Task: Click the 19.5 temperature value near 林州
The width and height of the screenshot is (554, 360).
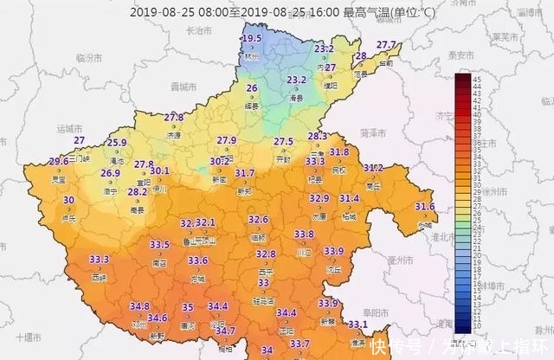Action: point(252,39)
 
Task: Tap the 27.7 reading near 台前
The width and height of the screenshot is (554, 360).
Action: point(386,45)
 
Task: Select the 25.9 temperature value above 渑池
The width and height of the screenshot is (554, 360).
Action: point(117,143)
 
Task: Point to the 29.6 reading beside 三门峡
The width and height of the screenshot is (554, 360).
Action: point(58,161)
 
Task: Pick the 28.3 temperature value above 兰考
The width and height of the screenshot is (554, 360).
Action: point(317,136)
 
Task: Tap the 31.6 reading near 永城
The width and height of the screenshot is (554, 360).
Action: point(424,206)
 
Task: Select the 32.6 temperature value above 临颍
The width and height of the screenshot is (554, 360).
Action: point(258,220)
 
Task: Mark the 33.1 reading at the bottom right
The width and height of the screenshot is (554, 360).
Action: point(358,325)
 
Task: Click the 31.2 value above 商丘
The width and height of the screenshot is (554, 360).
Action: point(373,168)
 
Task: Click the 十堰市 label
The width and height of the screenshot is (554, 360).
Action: point(30,335)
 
